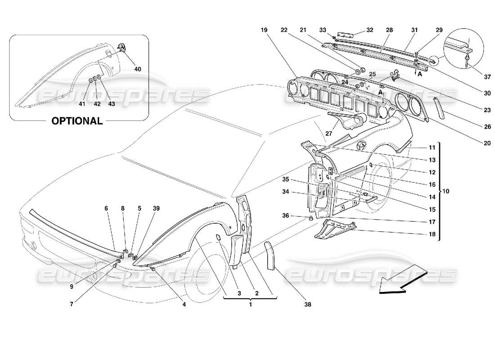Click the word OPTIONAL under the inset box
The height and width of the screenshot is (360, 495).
pyautogui.click(x=77, y=121)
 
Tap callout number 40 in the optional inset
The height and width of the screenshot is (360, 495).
pyautogui.click(x=137, y=69)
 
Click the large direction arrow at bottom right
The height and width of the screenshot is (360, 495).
pyautogui.click(x=402, y=279)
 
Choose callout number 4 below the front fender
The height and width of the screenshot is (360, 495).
pyautogui.click(x=184, y=305)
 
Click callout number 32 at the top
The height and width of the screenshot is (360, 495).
pyautogui.click(x=370, y=30)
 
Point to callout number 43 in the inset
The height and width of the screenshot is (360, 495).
pyautogui.click(x=111, y=103)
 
